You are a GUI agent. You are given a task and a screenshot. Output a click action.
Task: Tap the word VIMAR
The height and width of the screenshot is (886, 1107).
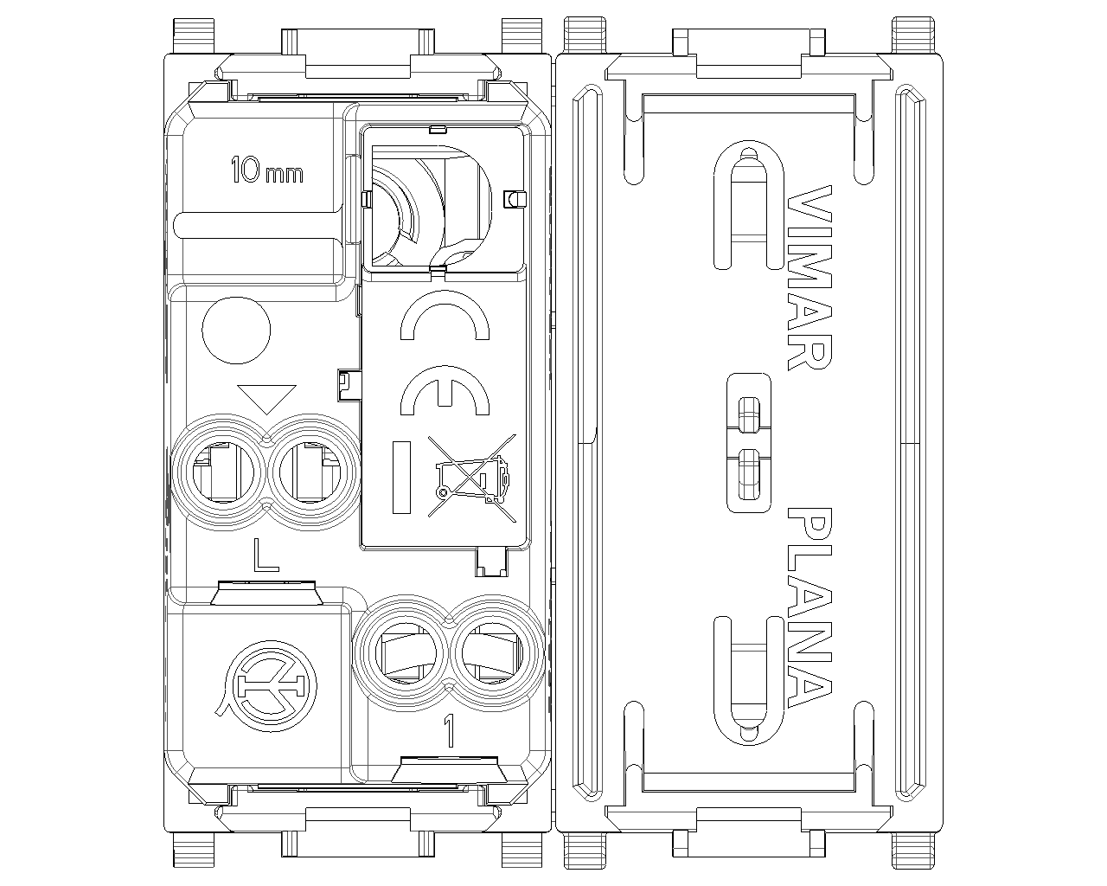point(809,278)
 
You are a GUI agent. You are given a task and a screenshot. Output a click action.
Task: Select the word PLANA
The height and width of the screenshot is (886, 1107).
point(809,607)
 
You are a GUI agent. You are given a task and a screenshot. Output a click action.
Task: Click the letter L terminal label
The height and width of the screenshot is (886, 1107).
point(266,555)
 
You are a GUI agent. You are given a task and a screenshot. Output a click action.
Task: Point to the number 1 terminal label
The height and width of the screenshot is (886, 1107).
point(450,731)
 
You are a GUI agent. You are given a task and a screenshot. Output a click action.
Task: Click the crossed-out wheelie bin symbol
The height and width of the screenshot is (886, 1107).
point(471,478)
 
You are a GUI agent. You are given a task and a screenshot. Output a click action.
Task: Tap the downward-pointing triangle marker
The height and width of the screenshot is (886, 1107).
point(266,399)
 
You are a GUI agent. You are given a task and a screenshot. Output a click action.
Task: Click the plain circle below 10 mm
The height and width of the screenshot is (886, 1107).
point(236,330)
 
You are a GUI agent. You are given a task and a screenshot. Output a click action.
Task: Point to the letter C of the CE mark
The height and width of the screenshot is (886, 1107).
point(445,315)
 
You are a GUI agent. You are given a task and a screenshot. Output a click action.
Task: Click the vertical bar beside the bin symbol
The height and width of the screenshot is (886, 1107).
point(402,478)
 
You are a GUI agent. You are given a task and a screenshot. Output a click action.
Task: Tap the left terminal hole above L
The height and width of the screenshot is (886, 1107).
point(222,472)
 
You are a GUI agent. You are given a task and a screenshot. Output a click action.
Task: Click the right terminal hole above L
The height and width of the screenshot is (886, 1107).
point(310,472)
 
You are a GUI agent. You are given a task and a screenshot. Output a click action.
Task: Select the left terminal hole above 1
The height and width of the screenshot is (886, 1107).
point(406,653)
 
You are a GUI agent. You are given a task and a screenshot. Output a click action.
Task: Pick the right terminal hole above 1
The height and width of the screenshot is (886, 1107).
point(492,653)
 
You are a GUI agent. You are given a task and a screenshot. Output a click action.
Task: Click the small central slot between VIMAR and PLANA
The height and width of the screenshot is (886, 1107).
point(749,443)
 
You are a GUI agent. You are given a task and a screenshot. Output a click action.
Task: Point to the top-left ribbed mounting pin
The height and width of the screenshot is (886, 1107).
point(194,36)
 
